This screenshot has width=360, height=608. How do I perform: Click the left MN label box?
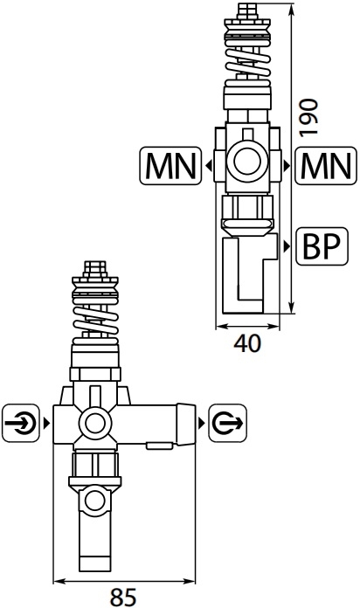[x=170, y=166]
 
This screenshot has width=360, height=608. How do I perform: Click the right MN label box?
[x=326, y=166]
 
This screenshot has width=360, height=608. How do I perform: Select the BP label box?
[x=322, y=246]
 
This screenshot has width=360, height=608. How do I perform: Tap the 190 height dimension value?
[x=308, y=118]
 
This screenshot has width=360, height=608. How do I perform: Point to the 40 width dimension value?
[x=247, y=343]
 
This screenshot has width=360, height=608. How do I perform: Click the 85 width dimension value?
[x=123, y=598]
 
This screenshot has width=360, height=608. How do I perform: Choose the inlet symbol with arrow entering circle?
[x=21, y=423]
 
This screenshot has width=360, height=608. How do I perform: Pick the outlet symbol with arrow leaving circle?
[x=228, y=423]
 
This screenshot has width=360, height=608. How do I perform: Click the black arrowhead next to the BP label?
[x=287, y=246]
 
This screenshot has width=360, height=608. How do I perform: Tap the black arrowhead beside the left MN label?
[x=209, y=166]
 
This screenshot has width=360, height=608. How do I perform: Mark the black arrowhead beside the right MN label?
[x=287, y=166]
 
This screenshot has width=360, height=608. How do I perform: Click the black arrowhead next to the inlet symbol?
[x=47, y=423]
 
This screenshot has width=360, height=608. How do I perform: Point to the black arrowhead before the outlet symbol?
[x=201, y=423]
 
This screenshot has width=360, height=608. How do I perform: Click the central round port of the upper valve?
[x=247, y=161]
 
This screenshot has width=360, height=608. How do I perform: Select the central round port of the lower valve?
[x=95, y=423]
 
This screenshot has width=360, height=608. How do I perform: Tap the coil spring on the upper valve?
[x=247, y=63]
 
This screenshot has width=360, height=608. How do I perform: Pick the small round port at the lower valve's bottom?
[x=95, y=501]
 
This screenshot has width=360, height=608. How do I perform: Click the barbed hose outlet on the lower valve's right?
[x=186, y=424]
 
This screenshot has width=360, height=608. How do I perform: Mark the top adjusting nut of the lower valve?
[x=95, y=269]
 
